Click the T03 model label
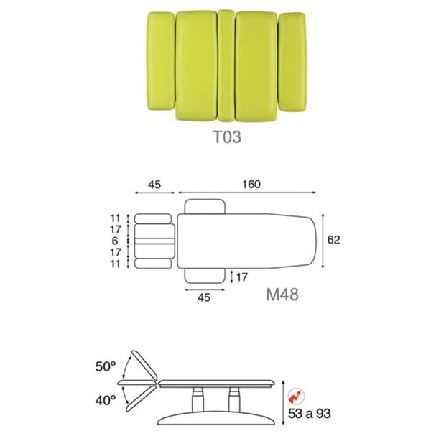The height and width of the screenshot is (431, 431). click(x=227, y=137)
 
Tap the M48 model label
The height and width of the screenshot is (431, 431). click(x=282, y=294)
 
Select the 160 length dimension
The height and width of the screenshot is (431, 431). click(x=251, y=184)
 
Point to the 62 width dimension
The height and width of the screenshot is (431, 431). click(x=334, y=240)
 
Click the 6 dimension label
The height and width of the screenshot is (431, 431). click(x=115, y=241)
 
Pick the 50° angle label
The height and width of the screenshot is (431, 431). click(x=106, y=366)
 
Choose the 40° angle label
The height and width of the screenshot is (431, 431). click(x=106, y=400)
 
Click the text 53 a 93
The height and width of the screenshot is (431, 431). click(x=309, y=414)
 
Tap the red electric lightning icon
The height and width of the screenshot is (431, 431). click(x=296, y=396)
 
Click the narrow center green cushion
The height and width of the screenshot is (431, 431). click(x=226, y=65)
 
